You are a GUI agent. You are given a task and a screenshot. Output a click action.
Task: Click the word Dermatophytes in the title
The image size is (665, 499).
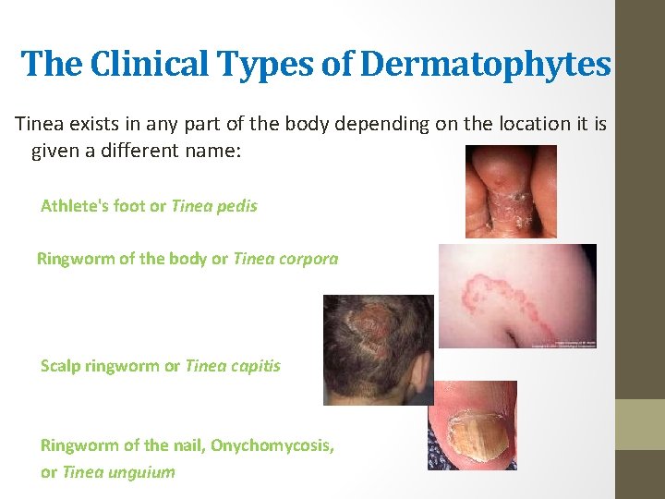click(486, 65)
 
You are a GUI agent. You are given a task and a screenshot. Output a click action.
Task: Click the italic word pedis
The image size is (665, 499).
click(238, 206)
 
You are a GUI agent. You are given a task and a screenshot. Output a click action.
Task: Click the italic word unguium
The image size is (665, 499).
click(140, 472)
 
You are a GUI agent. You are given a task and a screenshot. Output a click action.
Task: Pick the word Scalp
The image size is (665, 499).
click(60, 366)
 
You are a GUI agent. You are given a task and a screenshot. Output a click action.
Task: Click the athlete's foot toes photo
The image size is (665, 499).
click(511, 191)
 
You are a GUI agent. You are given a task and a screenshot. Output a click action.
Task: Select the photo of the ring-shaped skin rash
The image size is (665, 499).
click(516, 296)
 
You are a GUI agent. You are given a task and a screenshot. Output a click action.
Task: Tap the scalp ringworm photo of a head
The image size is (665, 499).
click(378, 349)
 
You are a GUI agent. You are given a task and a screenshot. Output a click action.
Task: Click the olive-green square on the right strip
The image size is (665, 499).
click(640, 424)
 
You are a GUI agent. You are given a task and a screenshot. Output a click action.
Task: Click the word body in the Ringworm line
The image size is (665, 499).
click(187, 259)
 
